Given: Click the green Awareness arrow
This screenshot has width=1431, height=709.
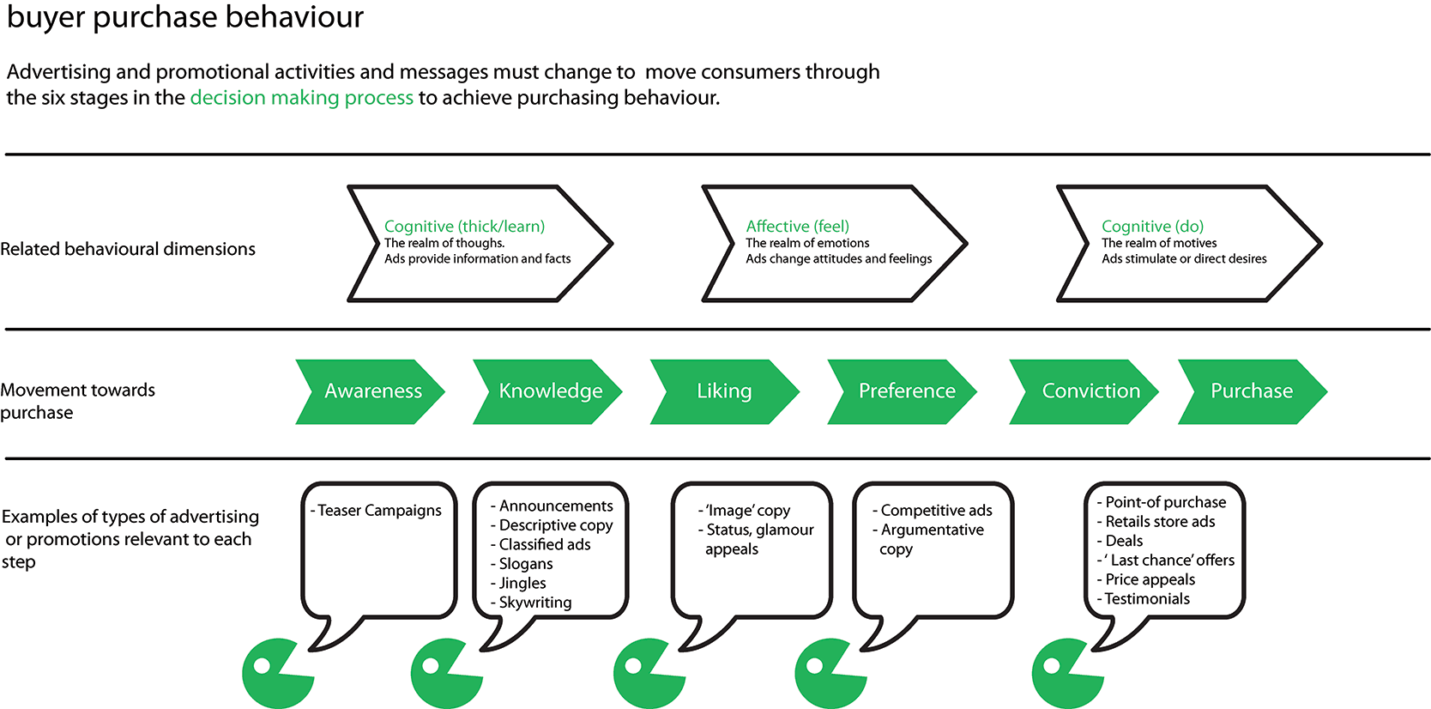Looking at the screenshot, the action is click(371, 391).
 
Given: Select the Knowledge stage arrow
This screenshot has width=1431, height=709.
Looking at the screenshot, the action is click(548, 391).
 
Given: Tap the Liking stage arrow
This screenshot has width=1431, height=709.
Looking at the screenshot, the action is click(725, 391).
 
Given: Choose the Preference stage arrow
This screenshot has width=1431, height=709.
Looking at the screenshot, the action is click(903, 391).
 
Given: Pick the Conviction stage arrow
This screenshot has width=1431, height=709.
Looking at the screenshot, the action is click(1084, 391).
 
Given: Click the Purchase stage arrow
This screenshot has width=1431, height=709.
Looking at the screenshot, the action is click(1253, 391).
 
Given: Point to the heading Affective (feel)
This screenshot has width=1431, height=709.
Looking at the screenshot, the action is click(797, 227).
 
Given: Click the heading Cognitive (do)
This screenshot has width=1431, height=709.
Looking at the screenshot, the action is click(1152, 227).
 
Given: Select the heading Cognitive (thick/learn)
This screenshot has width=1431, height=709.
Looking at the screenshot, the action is click(464, 227).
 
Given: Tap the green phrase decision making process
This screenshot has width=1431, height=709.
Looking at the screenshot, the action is click(301, 98).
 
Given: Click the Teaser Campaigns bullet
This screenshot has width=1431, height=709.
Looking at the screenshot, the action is click(376, 510).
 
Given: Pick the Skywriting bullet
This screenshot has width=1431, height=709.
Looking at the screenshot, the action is click(531, 603).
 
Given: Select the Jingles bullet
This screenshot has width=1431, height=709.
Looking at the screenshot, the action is click(518, 583).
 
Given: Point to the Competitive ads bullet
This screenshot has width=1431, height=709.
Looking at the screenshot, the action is click(932, 510).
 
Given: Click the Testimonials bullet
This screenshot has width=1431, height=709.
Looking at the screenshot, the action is click(1143, 599).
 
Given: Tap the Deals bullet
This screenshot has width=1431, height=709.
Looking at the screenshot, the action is click(1120, 541).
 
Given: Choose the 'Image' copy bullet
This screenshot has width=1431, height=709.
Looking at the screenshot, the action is click(744, 510).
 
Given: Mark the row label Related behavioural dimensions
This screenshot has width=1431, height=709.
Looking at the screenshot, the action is click(128, 249).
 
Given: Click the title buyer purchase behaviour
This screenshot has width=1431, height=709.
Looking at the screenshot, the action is click(185, 16).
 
